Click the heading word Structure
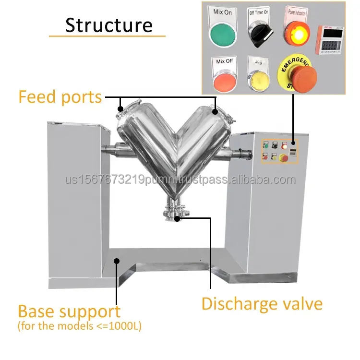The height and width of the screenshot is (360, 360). (x=108, y=25)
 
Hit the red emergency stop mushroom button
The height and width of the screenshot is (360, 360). (x=300, y=76)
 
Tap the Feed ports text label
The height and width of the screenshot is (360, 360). (x=60, y=97)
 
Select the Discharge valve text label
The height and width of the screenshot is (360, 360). (x=262, y=304)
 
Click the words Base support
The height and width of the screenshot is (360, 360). (x=69, y=312)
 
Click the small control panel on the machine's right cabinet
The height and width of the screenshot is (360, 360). (x=279, y=151)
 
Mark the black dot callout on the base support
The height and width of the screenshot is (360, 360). (x=116, y=261)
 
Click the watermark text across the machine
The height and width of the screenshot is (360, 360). (x=180, y=180)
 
